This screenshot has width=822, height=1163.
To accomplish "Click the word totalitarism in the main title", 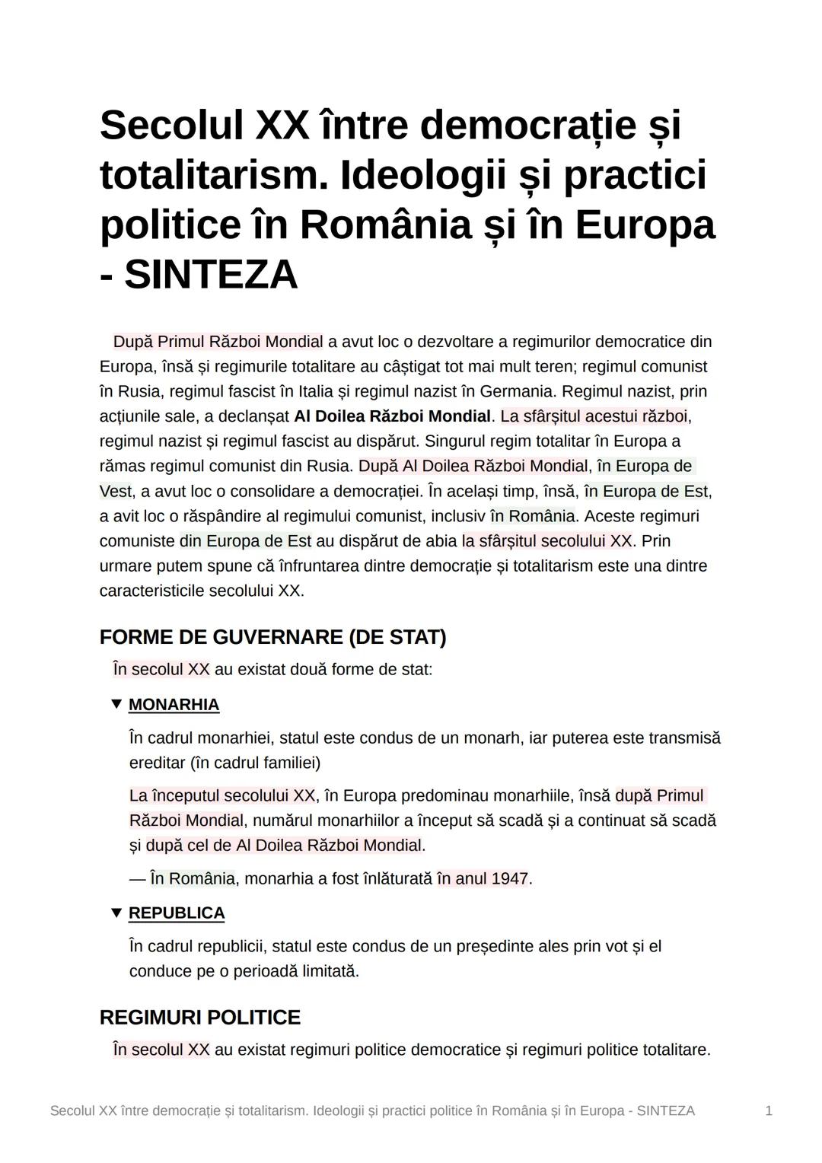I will pyautogui.click(x=207, y=174).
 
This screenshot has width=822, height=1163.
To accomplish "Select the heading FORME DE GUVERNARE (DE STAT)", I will pyautogui.click(x=272, y=637).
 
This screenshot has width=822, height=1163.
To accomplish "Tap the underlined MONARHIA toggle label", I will pyautogui.click(x=174, y=705).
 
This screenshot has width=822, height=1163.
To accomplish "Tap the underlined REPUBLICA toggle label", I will pyautogui.click(x=177, y=913).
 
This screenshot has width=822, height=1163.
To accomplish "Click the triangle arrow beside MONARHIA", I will pyautogui.click(x=116, y=704).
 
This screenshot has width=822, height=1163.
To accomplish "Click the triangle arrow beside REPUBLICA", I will pyautogui.click(x=116, y=913).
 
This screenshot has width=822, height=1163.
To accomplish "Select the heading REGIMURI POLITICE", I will pyautogui.click(x=200, y=1018).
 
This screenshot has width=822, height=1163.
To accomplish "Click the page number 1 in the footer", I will pyautogui.click(x=769, y=1111).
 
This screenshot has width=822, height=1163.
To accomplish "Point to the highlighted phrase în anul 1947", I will pyautogui.click(x=484, y=879).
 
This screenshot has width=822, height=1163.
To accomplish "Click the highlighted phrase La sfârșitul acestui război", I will pyautogui.click(x=594, y=416).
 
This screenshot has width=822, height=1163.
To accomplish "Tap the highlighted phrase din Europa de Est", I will pyautogui.click(x=245, y=541).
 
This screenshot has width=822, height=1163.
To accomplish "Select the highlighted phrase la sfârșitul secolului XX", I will pyautogui.click(x=546, y=541).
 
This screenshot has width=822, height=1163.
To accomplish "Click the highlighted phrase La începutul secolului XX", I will pyautogui.click(x=222, y=796).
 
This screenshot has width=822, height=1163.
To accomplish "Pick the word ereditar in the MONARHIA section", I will pyautogui.click(x=157, y=763).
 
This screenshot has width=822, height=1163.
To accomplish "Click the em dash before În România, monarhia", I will pyautogui.click(x=137, y=879).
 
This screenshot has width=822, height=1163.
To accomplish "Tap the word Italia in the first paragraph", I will pyautogui.click(x=315, y=391).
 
